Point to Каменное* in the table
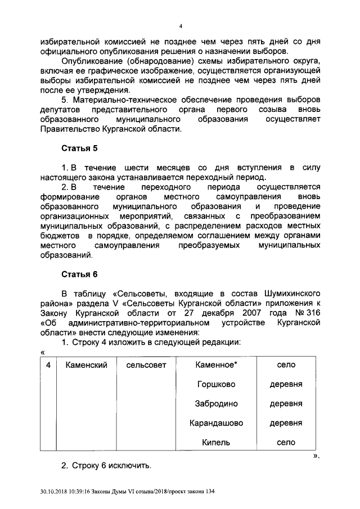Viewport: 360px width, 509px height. (x=216, y=365)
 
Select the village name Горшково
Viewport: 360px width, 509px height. (x=216, y=384)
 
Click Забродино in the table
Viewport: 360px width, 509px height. (x=216, y=404)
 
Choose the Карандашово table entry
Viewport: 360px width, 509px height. (x=216, y=423)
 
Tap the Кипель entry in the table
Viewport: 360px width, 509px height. (x=216, y=442)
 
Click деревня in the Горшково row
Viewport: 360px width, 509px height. (x=286, y=384)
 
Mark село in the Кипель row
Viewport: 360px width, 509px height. (x=286, y=442)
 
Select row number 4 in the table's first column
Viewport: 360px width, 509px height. (x=48, y=365)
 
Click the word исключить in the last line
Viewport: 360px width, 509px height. (x=128, y=465)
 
